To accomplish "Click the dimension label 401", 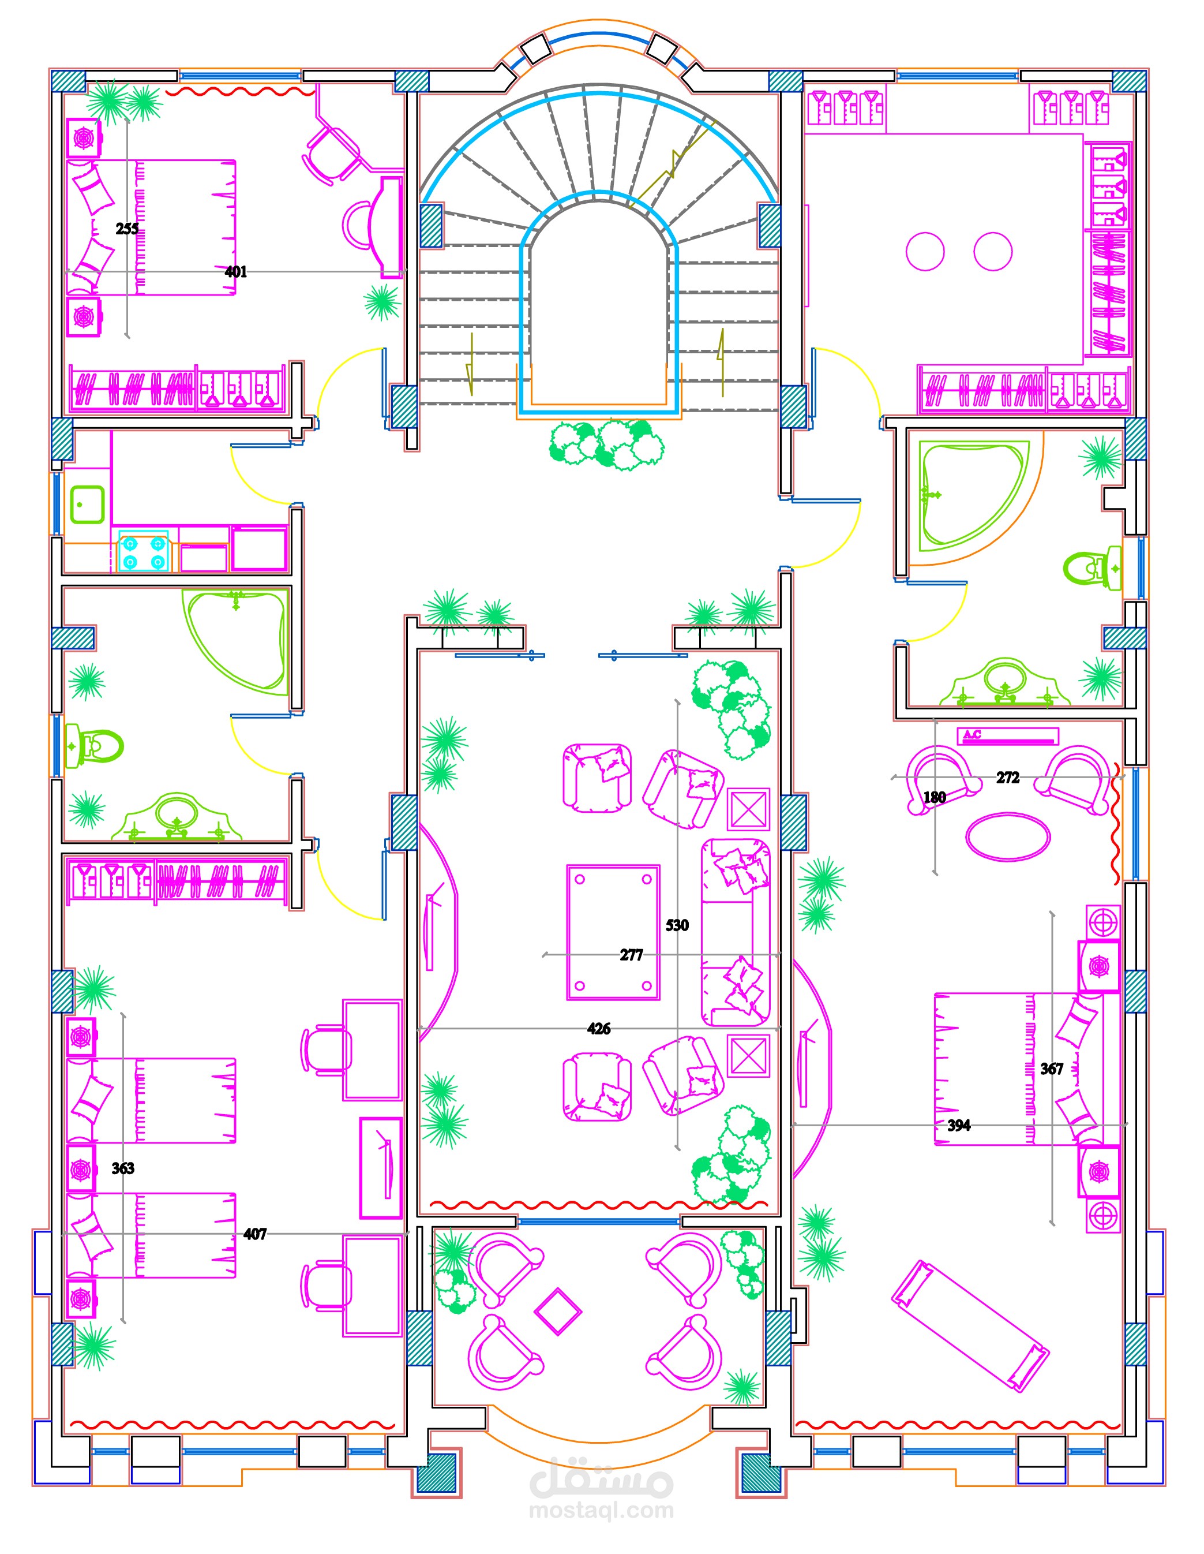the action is click(235, 272).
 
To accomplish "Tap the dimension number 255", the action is click(127, 229).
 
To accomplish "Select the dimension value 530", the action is click(677, 925).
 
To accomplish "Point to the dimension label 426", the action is click(599, 1028).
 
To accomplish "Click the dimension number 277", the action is click(631, 955).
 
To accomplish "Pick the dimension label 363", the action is click(123, 1168).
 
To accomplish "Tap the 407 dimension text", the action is click(254, 1234).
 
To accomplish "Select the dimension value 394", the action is click(959, 1125).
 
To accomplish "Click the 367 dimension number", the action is click(1052, 1068).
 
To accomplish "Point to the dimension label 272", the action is click(1008, 778).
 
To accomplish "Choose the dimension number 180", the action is click(935, 797).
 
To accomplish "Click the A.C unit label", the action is click(972, 734).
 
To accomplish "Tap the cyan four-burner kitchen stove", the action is click(144, 551).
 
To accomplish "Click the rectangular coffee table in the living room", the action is click(613, 933).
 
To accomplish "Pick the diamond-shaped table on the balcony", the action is click(558, 1310).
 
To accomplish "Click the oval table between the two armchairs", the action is click(1008, 837).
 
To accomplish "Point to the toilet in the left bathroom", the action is click(94, 746).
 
